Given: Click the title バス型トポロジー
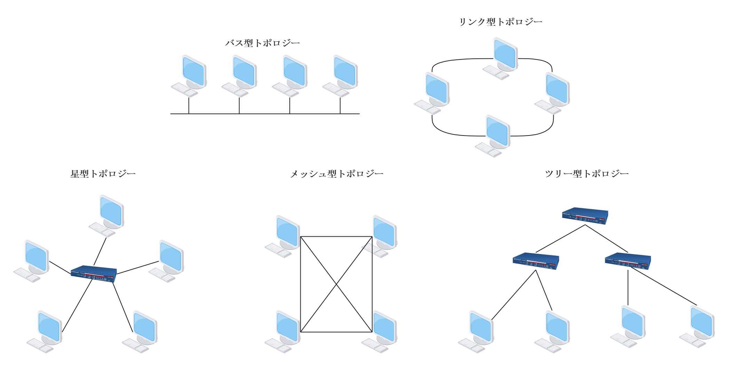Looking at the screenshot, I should point(263,43).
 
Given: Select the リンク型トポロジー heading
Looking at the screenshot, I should point(500,22).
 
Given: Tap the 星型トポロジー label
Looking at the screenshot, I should point(103,174).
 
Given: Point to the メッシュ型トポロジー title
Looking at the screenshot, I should point(337,174).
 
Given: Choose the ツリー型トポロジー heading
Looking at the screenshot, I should point(586,174).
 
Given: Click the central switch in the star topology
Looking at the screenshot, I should point(94,274).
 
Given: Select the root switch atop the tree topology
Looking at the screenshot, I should point(585,216).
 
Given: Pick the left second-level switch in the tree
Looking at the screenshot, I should point(536,261).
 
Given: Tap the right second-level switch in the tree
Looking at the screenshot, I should point(628,261).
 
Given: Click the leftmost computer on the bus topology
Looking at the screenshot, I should point(190,76).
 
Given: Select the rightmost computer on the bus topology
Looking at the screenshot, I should point(341,76).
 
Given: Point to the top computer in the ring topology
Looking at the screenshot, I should point(501,58).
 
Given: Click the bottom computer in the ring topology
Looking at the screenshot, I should point(493,136).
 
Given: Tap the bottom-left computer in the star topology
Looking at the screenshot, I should point(45,332).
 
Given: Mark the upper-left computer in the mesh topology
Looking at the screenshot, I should point(283,236).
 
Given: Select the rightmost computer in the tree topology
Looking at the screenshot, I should point(698,326).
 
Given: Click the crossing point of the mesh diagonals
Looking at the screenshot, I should point(336,285).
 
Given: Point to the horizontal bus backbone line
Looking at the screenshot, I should point(264,114).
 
